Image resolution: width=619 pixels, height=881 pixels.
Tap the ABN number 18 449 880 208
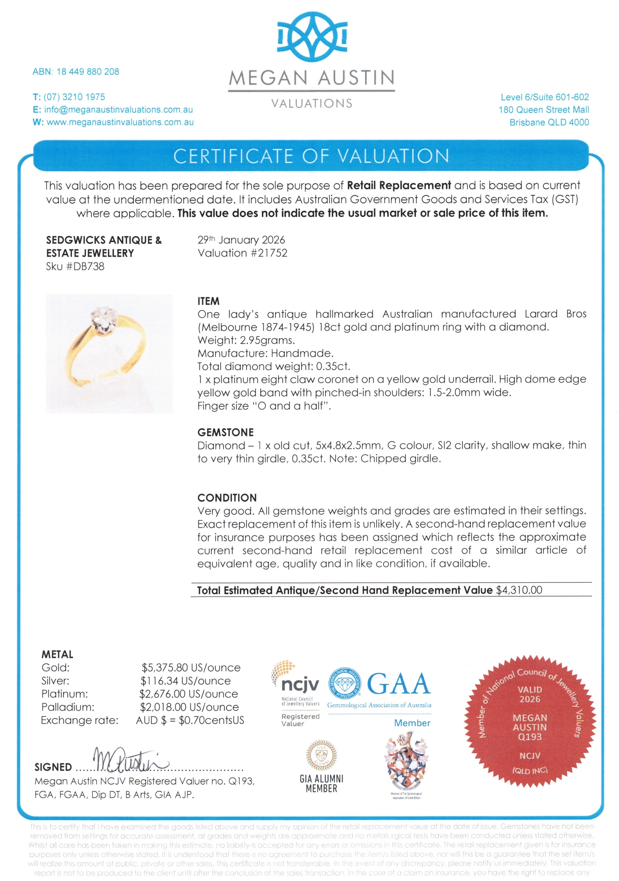pyautogui.click(x=88, y=72)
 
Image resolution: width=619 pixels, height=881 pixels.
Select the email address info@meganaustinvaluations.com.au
pyautogui.click(x=118, y=110)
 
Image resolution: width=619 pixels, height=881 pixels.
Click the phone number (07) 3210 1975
pyautogui.click(x=74, y=97)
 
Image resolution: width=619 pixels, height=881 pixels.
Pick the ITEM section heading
pyautogui.click(x=209, y=301)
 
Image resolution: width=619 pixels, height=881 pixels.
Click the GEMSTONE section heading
pyautogui.click(x=225, y=433)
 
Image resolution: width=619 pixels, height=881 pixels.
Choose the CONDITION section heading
pyautogui.click(x=227, y=498)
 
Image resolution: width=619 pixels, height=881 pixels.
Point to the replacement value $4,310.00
pyautogui.click(x=519, y=590)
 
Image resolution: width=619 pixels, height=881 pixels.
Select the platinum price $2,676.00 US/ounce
pyautogui.click(x=189, y=694)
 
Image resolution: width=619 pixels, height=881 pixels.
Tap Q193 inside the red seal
pyautogui.click(x=530, y=737)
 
